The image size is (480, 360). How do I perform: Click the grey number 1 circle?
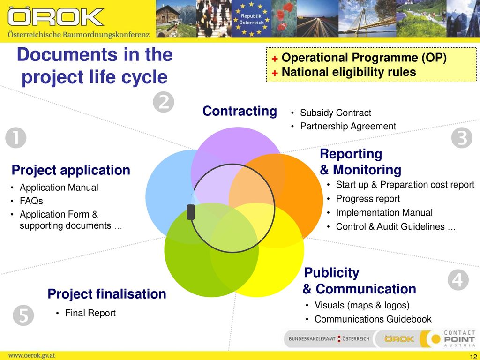coord(16,138)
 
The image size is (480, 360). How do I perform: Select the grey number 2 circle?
coord(164,102)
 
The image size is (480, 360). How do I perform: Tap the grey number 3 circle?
coord(462,138)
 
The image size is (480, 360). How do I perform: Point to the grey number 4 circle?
coord(458,280)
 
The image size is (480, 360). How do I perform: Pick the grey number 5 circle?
coord(23,315)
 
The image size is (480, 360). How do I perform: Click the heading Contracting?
coord(240,111)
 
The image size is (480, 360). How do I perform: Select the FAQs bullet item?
coord(31,201)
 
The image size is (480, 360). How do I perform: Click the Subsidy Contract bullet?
coord(336,112)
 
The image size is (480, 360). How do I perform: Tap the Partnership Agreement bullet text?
coord(348,126)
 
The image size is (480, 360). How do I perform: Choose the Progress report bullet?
coord(368,199)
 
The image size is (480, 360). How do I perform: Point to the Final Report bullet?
coord(90,313)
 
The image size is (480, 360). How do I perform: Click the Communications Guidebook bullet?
coord(373,319)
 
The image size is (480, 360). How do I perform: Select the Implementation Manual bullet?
coord(384,212)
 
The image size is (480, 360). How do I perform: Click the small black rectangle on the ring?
coord(191,212)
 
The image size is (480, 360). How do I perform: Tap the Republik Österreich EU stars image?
coord(251,19)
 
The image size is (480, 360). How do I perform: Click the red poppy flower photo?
coord(284,19)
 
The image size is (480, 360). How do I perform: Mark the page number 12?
coord(473,357)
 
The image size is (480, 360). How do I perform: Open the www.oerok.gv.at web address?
coord(31,356)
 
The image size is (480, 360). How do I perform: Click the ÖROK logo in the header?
coord(56,17)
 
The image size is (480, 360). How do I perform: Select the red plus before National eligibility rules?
coord(275,73)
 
